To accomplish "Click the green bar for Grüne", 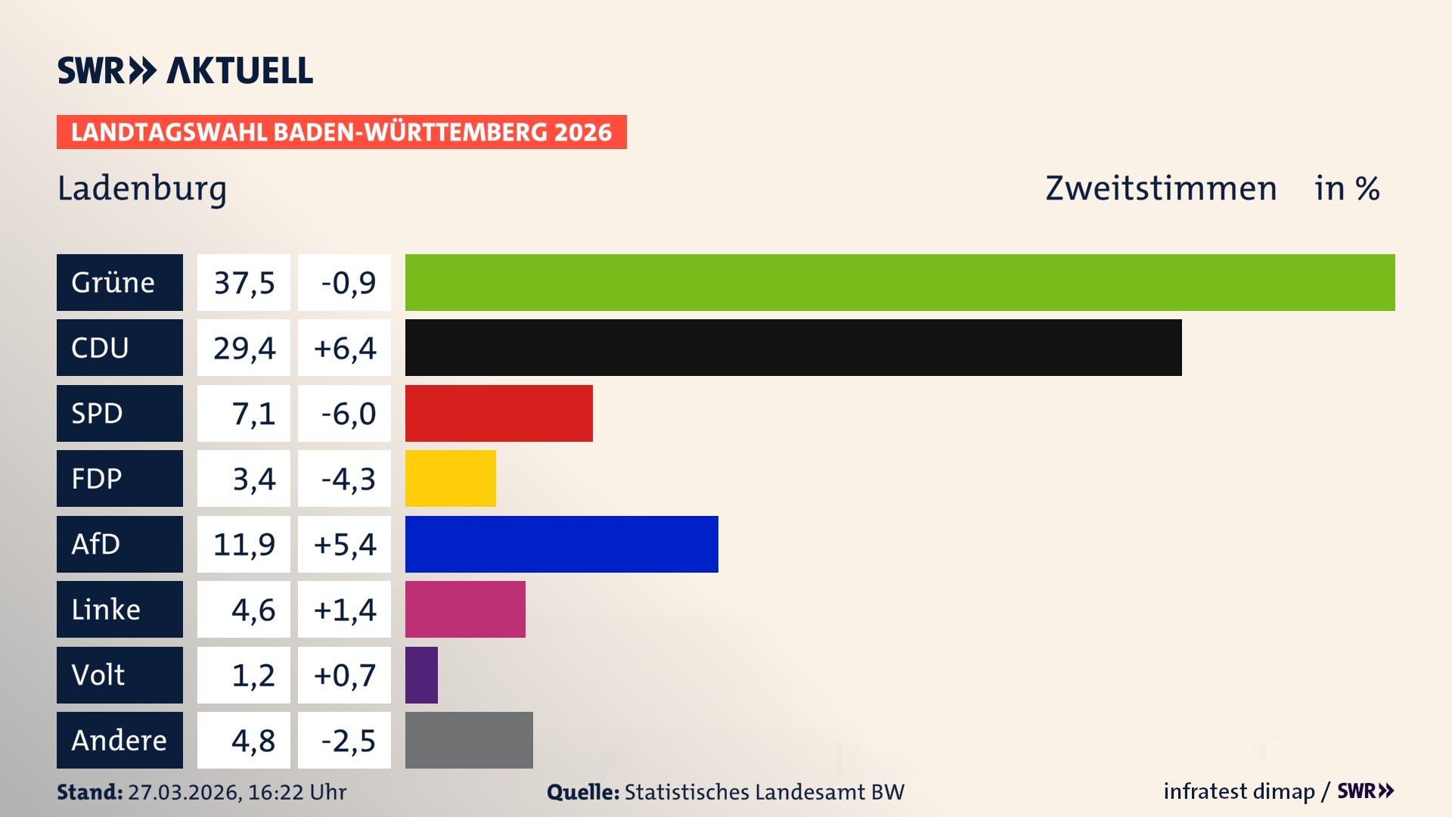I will pos(900,282).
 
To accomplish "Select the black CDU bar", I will pos(793,348).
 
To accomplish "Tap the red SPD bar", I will pos(499,413).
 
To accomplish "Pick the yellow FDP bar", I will pos(451,479).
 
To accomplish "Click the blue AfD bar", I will pos(562,544).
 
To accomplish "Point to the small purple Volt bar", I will pos(421,675).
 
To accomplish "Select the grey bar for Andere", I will pos(469,740).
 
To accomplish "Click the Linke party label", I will pos(119,610).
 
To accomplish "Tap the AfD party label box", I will pos(119,544).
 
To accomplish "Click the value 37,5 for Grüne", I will pos(244,283).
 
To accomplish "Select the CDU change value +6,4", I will pos(345,348).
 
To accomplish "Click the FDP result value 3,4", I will pos(253,479).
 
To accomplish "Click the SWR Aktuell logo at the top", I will pos(185,70).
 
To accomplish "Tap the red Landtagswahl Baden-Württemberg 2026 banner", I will pos(341,132).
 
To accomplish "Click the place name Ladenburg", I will pos(142,189).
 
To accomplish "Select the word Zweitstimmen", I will pos(1161,188).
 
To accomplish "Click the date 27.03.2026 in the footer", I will pos(184,792).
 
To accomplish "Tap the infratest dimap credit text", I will pos(1239,791).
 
